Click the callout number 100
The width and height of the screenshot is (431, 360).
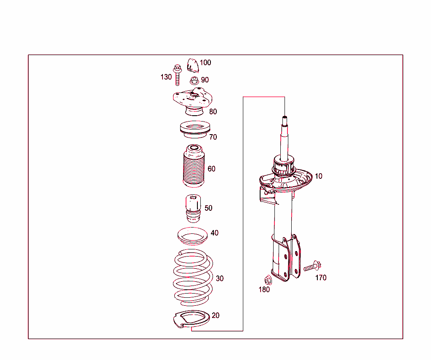pyautogui.click(x=205, y=63)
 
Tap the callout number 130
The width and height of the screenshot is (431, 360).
pyautogui.click(x=166, y=77)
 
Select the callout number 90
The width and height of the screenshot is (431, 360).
pyautogui.click(x=205, y=80)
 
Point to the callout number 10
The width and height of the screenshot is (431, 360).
pyautogui.click(x=319, y=176)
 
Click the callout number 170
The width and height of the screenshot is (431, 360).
pyautogui.click(x=321, y=278)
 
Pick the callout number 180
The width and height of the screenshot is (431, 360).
pyautogui.click(x=264, y=289)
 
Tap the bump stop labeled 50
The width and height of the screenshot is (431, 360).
pyautogui.click(x=194, y=209)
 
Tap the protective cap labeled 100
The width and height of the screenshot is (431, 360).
pyautogui.click(x=193, y=66)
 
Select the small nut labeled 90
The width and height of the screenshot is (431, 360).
pyautogui.click(x=194, y=80)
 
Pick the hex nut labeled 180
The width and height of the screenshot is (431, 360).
pyautogui.click(x=267, y=279)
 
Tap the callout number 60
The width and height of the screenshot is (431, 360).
pyautogui.click(x=211, y=169)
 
